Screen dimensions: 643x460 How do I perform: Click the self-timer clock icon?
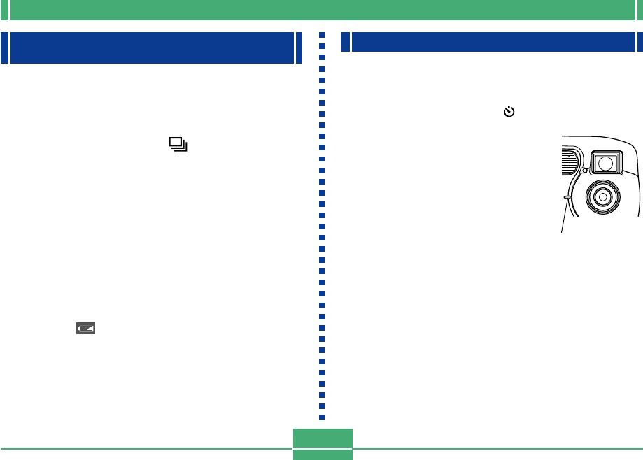click(x=509, y=112)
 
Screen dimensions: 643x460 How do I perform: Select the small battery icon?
click(x=86, y=327)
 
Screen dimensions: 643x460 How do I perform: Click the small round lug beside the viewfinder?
click(x=583, y=170)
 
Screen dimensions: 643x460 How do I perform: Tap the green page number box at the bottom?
click(x=323, y=445)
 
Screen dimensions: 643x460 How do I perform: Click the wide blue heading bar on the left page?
click(x=152, y=48)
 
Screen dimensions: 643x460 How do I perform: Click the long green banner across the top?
click(x=321, y=10)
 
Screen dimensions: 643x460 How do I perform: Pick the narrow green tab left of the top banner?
click(x=4, y=10)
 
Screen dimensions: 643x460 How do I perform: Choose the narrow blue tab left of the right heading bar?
click(x=345, y=42)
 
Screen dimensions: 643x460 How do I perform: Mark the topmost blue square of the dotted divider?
click(x=323, y=34)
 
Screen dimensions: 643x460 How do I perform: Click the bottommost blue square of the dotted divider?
click(x=323, y=417)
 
